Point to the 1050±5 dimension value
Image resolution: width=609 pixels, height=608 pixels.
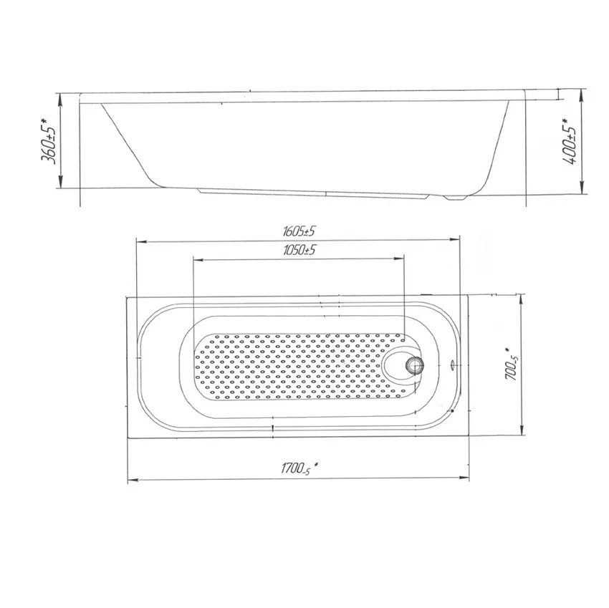(299, 250)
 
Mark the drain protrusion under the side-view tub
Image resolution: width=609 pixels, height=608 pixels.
(453, 196)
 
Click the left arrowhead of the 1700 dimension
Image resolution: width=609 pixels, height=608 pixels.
(131, 479)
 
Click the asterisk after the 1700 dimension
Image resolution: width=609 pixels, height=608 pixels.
(316, 465)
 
